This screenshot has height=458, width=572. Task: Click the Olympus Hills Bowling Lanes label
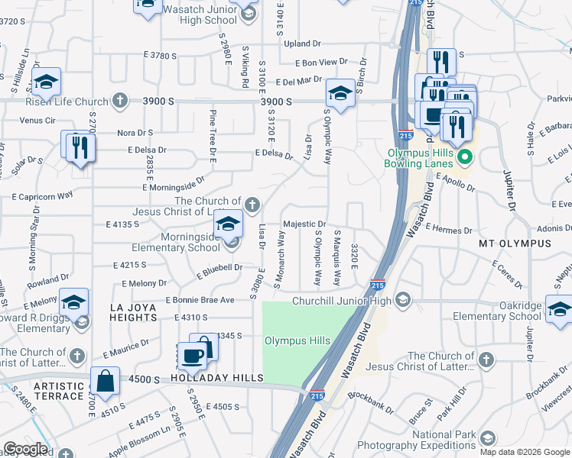[421, 153]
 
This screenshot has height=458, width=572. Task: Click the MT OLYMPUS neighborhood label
[515, 244]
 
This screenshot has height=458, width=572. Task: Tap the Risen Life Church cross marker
[119, 100]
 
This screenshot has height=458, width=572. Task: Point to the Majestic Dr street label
[305, 224]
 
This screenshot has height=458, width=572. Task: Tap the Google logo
[25, 449]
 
